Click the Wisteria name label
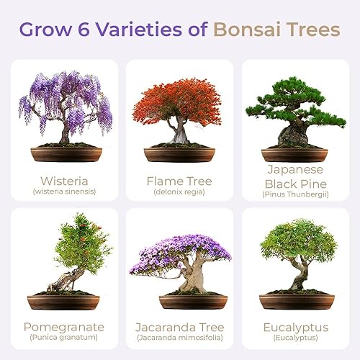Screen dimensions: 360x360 (64, 179)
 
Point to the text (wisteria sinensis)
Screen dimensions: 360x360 (64, 192)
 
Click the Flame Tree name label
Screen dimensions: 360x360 (179, 179)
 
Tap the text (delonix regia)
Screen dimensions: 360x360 (179, 192)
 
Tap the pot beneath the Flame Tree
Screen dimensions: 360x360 (179, 154)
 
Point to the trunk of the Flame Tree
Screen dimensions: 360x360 (179, 134)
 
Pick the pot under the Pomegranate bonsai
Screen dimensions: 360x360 (63, 301)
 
